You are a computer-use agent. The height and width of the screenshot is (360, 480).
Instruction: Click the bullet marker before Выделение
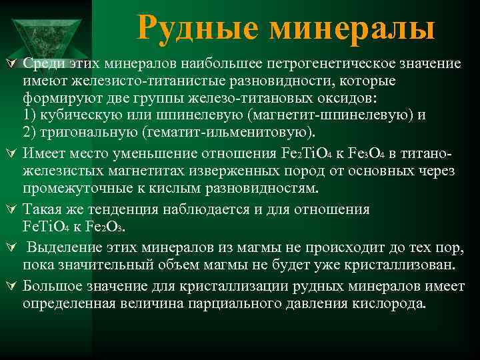click(11, 248)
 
